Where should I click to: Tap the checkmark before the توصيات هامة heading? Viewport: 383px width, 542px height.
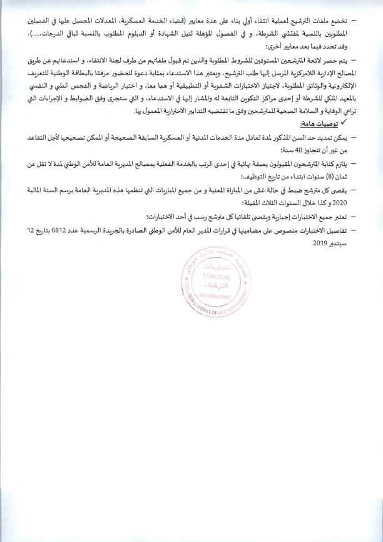point(344,122)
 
